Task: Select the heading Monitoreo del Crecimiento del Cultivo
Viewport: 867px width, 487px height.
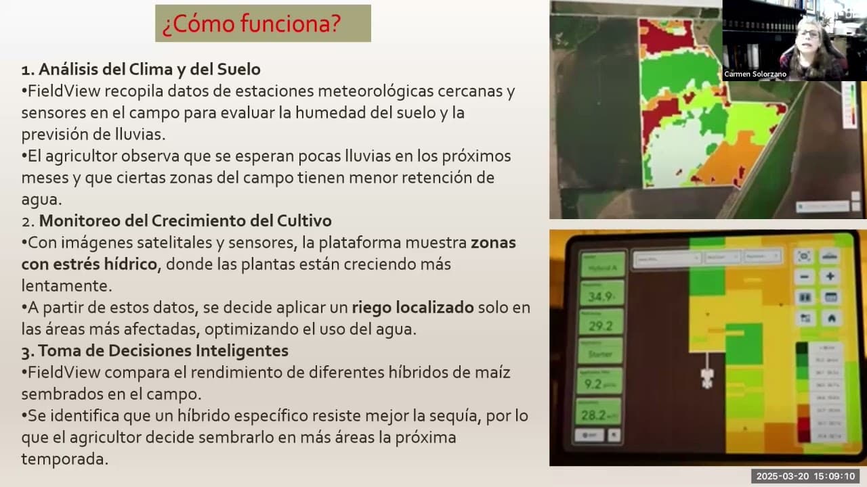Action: click(x=185, y=221)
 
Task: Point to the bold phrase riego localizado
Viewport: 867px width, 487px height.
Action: click(x=413, y=307)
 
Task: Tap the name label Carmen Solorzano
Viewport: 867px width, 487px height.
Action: click(x=755, y=74)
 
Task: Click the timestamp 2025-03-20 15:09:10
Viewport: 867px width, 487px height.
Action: click(x=805, y=476)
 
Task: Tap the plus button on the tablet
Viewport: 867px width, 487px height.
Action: click(x=829, y=277)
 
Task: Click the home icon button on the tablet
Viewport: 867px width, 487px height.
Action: click(x=830, y=317)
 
